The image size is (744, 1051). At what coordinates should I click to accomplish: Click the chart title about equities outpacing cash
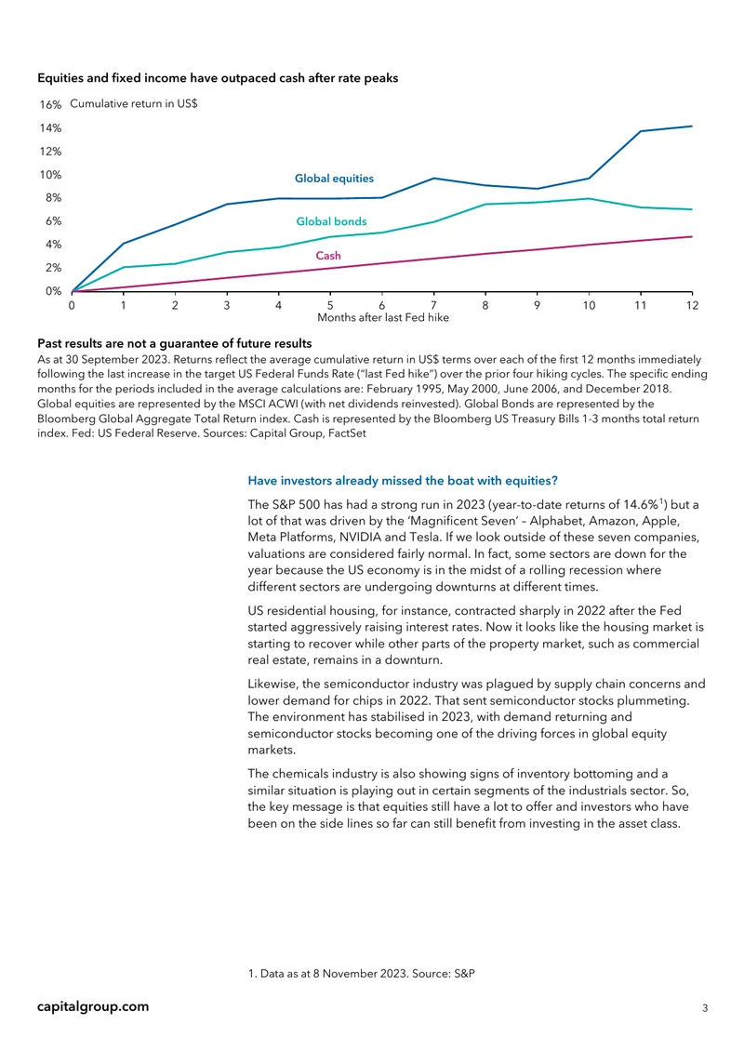point(218,78)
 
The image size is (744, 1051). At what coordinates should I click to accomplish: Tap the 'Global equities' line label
point(335,179)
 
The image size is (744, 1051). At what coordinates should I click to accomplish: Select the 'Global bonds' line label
point(331,221)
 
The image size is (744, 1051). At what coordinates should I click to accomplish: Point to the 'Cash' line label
point(328,256)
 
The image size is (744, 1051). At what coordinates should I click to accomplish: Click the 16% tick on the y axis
point(50,104)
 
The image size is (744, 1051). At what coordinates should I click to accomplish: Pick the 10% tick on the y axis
point(50,175)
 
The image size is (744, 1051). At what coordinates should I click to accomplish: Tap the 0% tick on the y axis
point(54,291)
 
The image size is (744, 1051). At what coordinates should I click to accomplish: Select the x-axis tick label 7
point(433,306)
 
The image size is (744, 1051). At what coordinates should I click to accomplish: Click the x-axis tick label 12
point(693,306)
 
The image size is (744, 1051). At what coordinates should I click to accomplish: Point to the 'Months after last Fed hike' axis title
point(383,318)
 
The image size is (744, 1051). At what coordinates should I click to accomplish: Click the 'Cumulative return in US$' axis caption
point(133,104)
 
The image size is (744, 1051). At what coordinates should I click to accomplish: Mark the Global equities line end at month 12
point(692,126)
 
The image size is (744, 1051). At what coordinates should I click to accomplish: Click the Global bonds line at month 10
point(589,198)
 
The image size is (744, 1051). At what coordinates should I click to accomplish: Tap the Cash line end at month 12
point(692,236)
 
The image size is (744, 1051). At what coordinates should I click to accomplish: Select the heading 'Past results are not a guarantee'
point(174,344)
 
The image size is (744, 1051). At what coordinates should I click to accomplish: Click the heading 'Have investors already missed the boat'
point(403,481)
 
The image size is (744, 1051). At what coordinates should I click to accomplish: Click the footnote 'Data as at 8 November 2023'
point(361,973)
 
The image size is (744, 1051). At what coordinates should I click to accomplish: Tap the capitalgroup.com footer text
point(93,1006)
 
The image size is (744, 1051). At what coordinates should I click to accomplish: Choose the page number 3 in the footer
point(704,1008)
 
